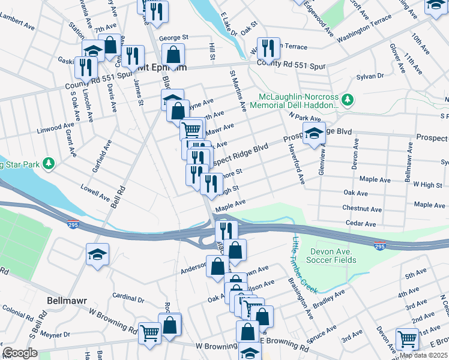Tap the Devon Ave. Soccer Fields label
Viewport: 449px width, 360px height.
click(x=333, y=256)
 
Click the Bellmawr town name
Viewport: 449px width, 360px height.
click(x=67, y=299)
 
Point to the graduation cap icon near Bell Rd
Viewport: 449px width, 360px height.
click(x=97, y=253)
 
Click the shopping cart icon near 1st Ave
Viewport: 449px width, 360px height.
click(x=407, y=338)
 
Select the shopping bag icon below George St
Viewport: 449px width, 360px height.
click(x=173, y=55)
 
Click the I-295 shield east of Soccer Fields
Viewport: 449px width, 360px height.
click(x=379, y=246)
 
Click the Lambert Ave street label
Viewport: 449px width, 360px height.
click(x=17, y=28)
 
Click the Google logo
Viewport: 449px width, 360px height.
click(x=20, y=352)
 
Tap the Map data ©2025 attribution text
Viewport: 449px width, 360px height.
click(x=423, y=355)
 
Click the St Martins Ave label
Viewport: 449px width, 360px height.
click(x=238, y=90)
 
